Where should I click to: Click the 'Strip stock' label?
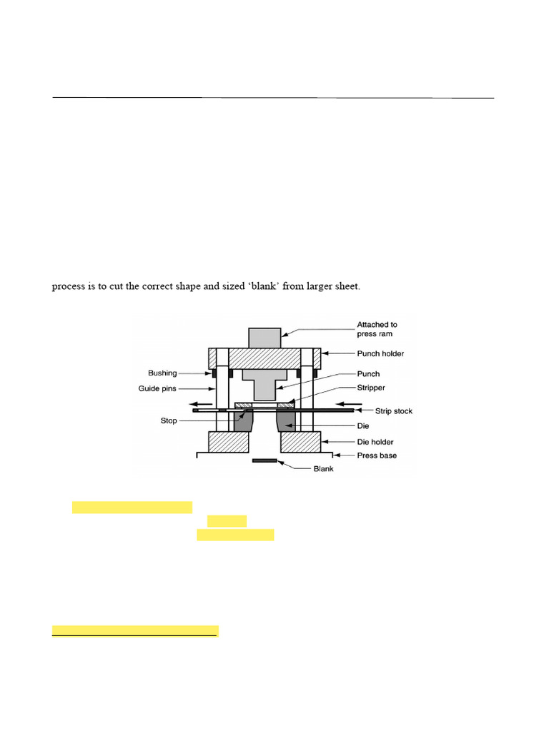pos(393,411)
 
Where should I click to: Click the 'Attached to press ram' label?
pos(377,329)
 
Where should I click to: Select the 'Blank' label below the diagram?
pos(324,469)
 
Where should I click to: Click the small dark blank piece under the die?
pos(265,461)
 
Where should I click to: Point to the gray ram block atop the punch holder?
pos(265,337)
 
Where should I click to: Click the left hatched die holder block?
pos(229,442)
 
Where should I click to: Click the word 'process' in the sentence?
pos(68,287)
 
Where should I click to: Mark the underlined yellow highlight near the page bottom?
pos(134,631)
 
